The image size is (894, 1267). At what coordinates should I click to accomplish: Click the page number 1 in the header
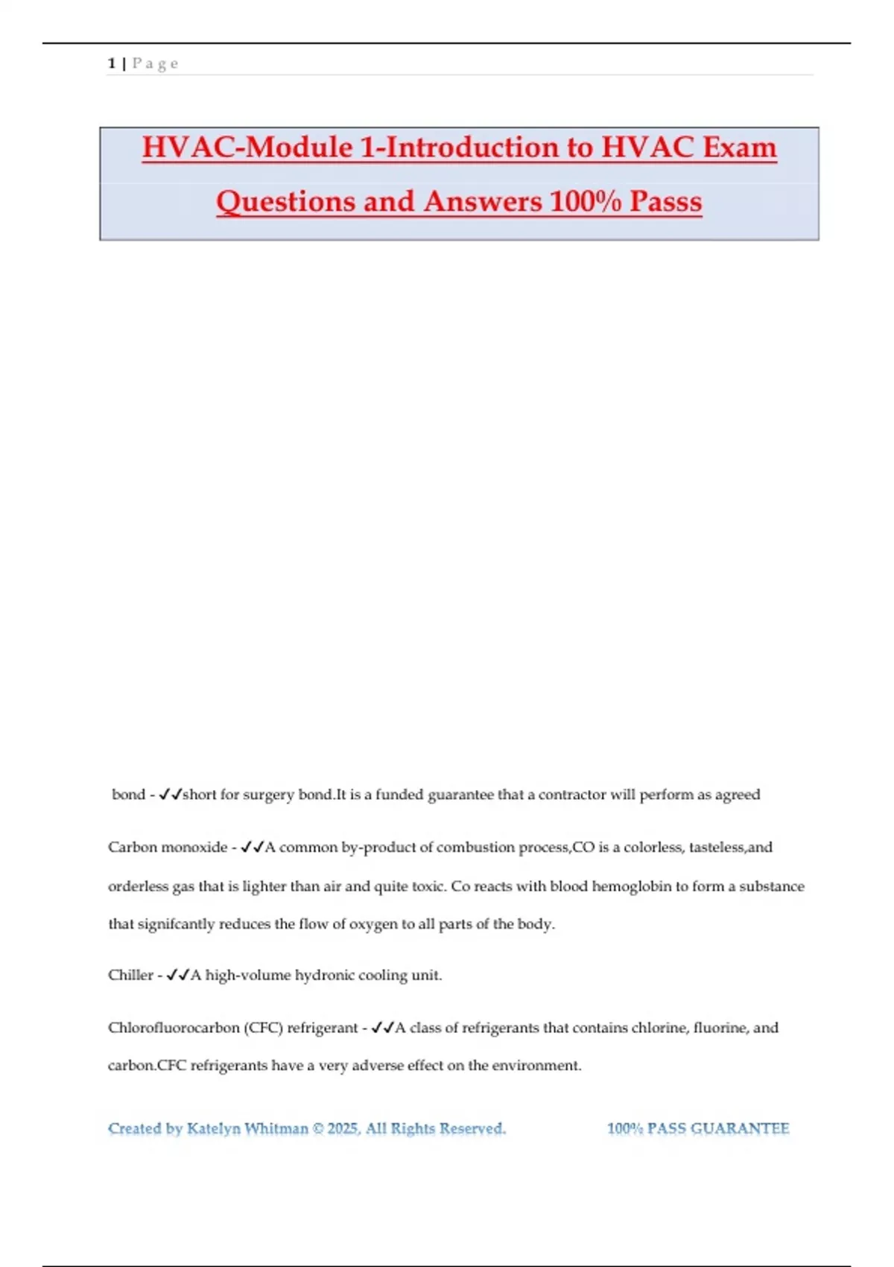(111, 63)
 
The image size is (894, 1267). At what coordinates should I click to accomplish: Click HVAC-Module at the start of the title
(246, 147)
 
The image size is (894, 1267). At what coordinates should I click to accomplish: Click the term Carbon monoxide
(168, 847)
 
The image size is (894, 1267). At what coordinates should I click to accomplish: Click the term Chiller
(130, 975)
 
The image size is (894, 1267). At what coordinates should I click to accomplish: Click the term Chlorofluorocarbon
(174, 1028)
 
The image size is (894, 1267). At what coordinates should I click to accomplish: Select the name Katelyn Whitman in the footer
(247, 1128)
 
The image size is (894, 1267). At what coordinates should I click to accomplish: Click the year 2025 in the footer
(343, 1128)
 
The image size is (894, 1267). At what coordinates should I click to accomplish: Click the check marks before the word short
(171, 794)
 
